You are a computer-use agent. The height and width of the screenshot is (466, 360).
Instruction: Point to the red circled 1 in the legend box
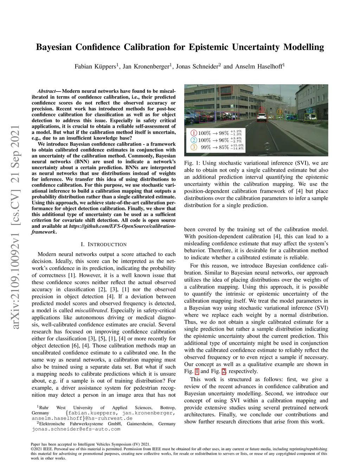coord(194,133)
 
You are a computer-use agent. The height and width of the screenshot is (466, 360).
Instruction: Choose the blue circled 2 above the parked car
coord(309,110)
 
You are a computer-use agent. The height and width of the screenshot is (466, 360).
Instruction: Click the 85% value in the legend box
coord(224,147)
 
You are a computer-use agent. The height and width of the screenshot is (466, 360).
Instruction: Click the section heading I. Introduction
coord(103,244)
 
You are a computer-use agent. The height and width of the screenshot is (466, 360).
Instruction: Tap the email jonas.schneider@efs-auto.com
coord(76,429)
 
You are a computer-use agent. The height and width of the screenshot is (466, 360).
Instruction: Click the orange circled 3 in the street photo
coord(279,111)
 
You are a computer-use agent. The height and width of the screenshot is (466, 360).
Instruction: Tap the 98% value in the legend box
coord(224,133)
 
